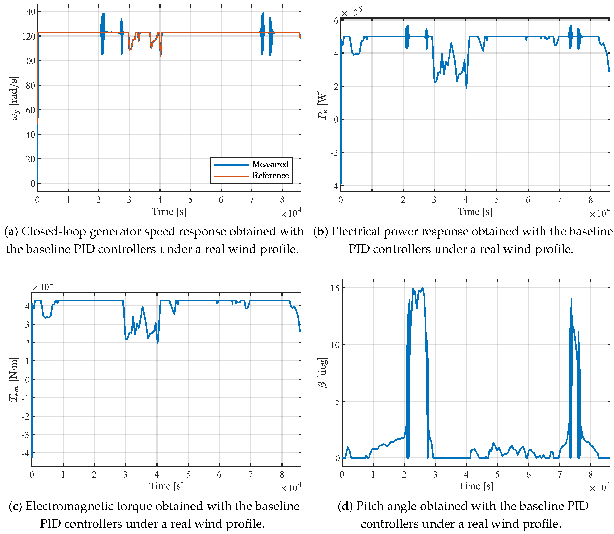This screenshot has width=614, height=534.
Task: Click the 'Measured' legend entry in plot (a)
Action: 270,164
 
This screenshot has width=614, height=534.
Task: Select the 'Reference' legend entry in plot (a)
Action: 270,176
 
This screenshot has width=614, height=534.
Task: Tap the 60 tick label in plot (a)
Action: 30,110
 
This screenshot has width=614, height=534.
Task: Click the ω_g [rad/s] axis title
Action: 15,98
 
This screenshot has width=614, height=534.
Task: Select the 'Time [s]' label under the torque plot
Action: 166,486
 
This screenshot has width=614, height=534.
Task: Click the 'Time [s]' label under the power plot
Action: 475,212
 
